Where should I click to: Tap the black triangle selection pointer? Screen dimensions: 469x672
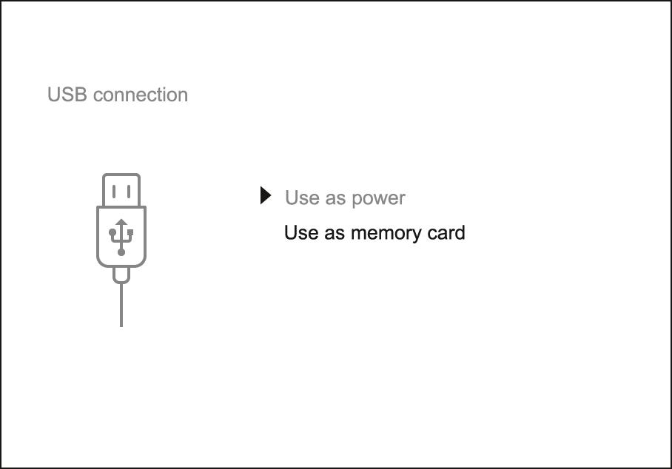(266, 196)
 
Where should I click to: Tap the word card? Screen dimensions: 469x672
(447, 232)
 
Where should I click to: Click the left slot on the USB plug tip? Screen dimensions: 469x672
(113, 192)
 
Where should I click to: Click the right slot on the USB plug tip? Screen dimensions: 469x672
(130, 192)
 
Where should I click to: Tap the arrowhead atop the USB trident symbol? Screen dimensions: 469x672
(121, 222)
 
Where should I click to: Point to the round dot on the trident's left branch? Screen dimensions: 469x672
(112, 232)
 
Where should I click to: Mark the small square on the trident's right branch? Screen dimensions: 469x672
(130, 232)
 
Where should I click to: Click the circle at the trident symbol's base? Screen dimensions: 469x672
(121, 252)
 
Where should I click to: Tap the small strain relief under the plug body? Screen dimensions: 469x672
(121, 275)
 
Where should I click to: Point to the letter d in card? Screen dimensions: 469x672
(460, 232)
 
